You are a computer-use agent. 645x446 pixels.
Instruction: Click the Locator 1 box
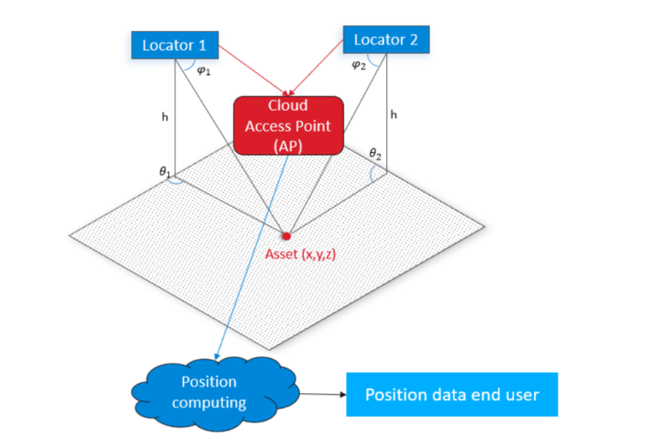pyautogui.click(x=174, y=45)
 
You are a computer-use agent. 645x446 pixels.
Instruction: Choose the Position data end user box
pyautogui.click(x=452, y=395)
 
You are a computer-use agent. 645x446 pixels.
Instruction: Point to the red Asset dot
pyautogui.click(x=286, y=236)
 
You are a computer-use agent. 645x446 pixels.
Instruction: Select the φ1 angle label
pyautogui.click(x=202, y=71)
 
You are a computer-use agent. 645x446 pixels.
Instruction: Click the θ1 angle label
pyautogui.click(x=165, y=171)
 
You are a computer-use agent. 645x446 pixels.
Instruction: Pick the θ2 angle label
pyautogui.click(x=375, y=153)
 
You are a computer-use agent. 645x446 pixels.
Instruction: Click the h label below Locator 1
pyautogui.click(x=165, y=118)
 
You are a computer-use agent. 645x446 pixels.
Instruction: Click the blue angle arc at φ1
pyautogui.click(x=190, y=67)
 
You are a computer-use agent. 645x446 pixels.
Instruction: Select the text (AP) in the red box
pyautogui.click(x=289, y=144)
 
